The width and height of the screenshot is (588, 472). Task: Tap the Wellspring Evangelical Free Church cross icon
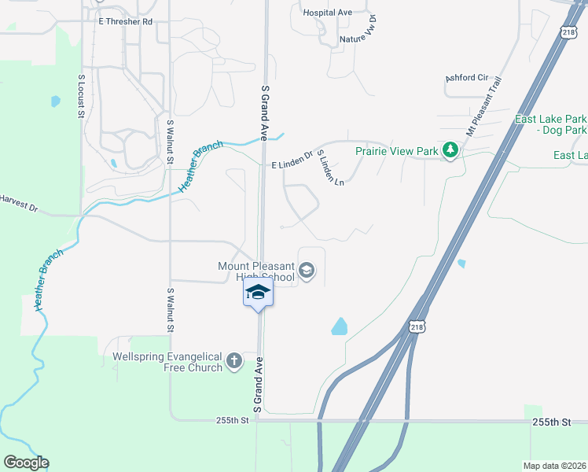point(233,361)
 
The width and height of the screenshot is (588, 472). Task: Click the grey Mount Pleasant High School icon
point(307,272)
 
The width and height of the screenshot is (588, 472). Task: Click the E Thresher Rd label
point(125,22)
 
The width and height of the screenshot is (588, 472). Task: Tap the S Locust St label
point(80,97)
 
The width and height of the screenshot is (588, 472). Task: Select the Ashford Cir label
point(465,78)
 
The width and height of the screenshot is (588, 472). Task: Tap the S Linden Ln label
point(331,168)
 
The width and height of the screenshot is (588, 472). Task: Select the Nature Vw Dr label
point(357,33)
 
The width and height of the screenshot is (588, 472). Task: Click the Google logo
point(26,463)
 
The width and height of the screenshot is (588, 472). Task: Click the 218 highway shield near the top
point(570,31)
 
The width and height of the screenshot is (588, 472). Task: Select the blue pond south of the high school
point(340,326)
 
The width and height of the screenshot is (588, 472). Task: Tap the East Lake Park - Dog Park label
point(550,124)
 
